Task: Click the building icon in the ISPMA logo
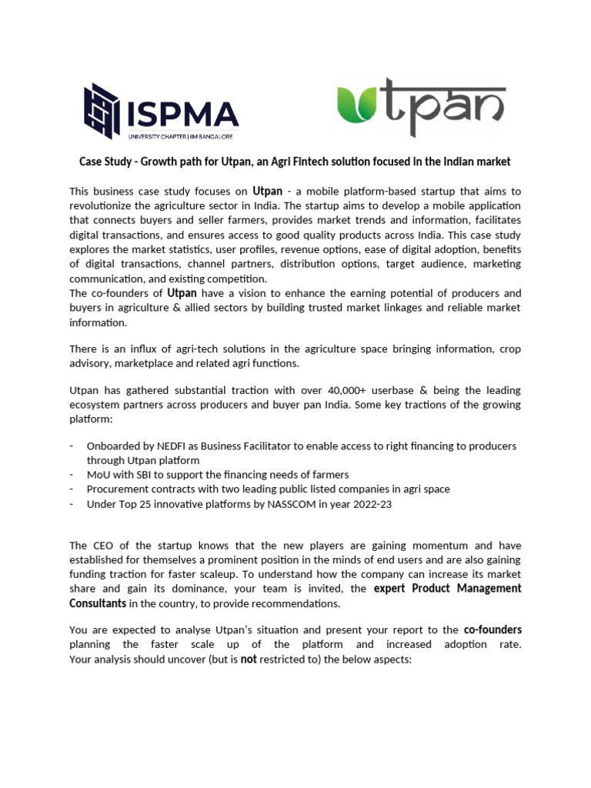102,110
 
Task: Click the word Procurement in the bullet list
119,489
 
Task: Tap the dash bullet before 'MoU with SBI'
72,475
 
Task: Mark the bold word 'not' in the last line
249,659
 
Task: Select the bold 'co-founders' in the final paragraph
492,630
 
